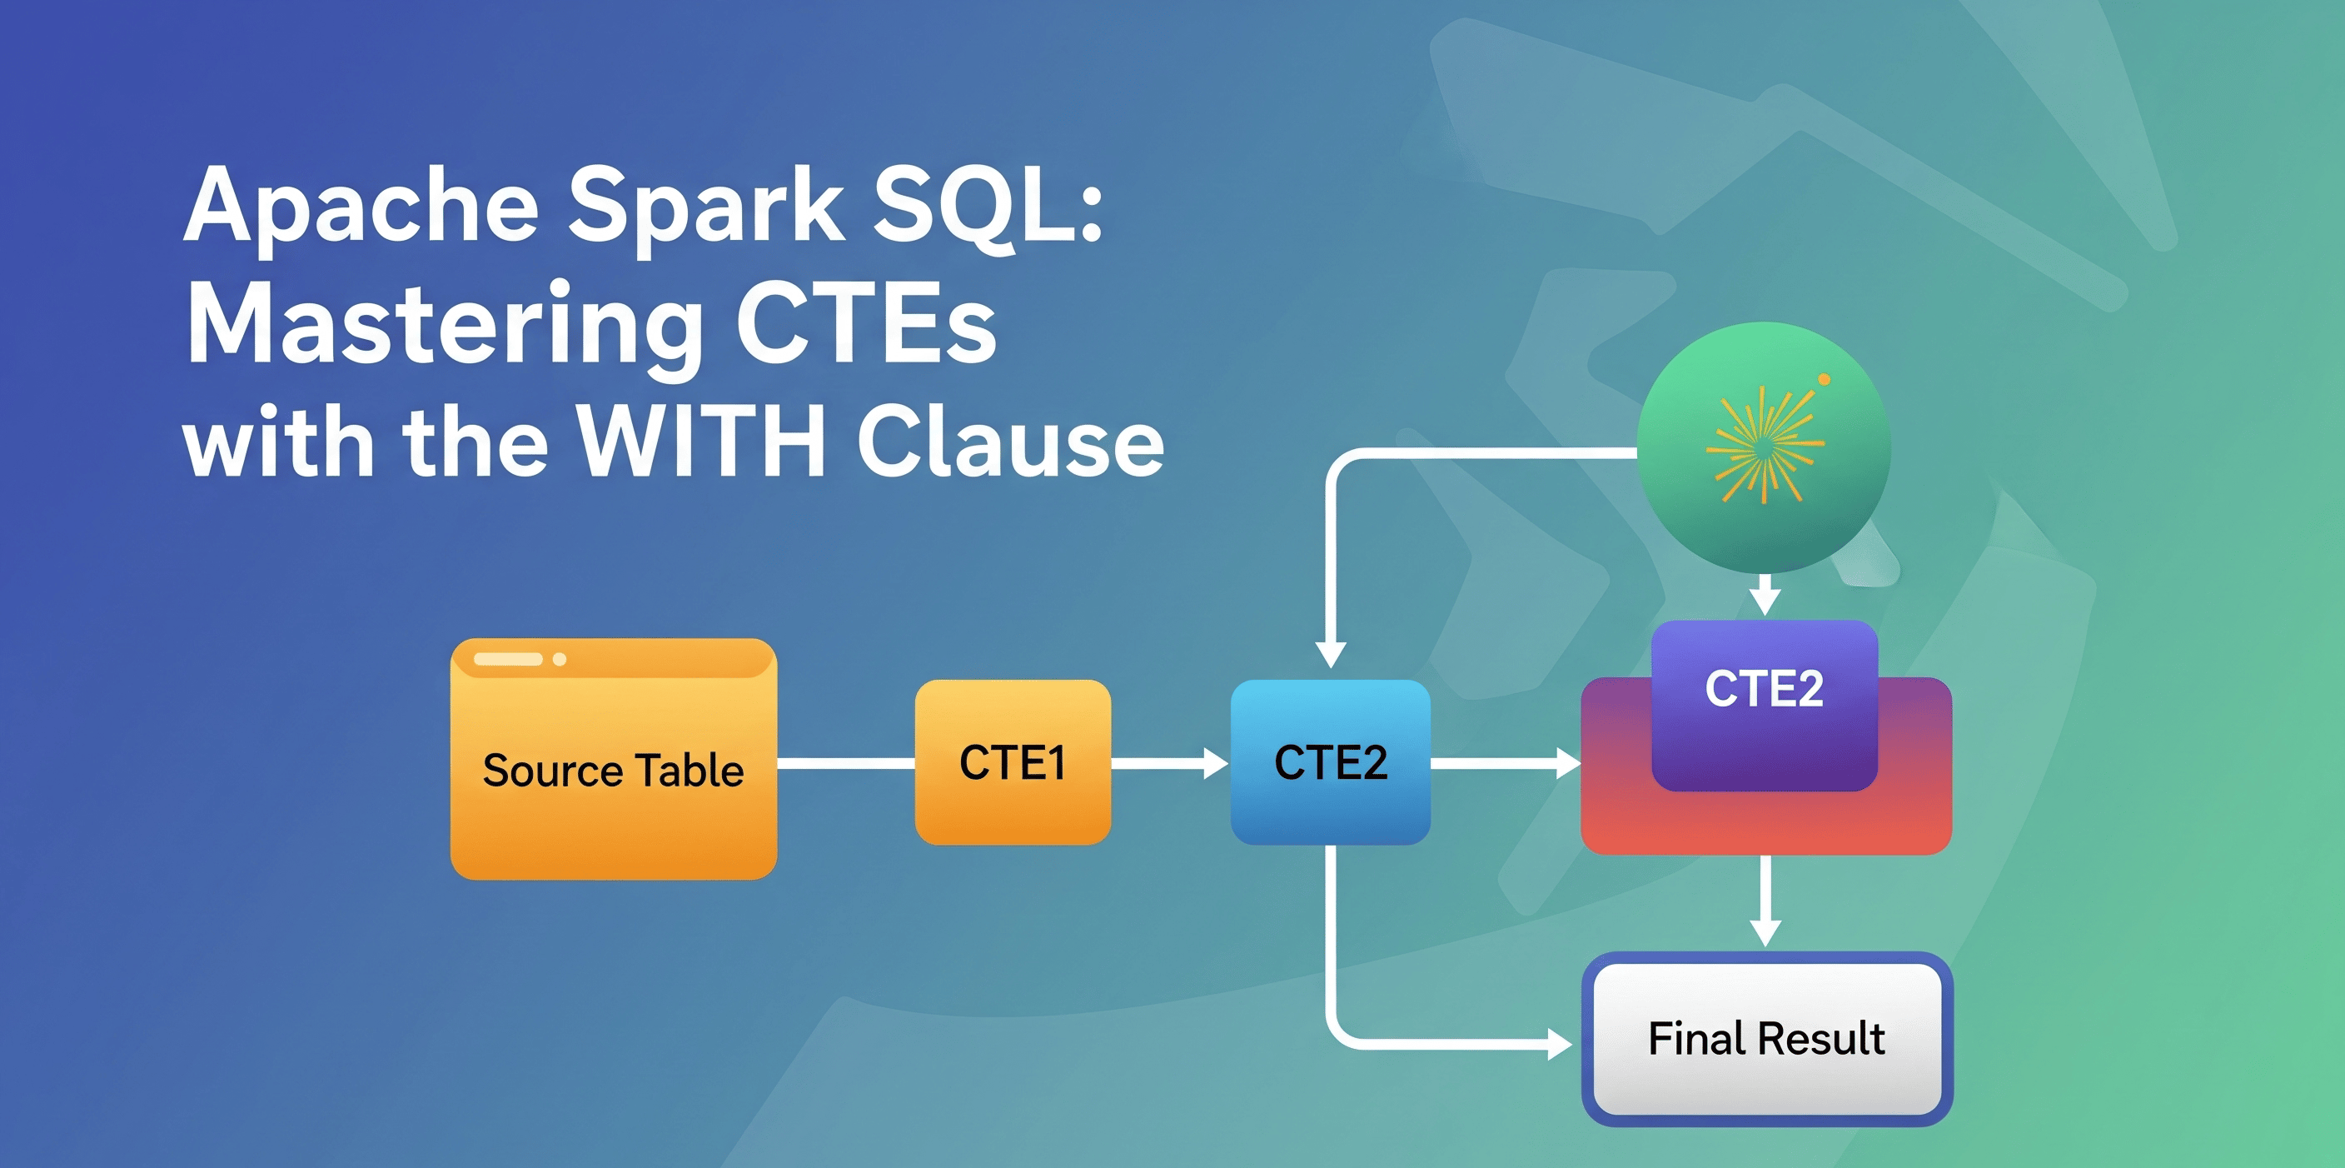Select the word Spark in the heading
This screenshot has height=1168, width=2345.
tap(705, 207)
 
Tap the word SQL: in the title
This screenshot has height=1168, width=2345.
tap(988, 207)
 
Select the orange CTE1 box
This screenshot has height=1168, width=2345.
tap(1013, 762)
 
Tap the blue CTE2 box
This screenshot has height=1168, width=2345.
tap(1330, 762)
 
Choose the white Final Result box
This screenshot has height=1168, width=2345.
tap(1766, 1039)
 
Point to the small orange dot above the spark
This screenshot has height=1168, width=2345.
tap(1824, 380)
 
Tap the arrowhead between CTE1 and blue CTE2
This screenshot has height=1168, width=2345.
tap(1215, 763)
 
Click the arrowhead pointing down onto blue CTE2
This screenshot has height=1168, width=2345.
tap(1331, 654)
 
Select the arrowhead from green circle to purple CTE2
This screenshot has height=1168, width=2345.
tap(1765, 601)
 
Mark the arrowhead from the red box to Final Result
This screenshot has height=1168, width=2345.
tap(1765, 932)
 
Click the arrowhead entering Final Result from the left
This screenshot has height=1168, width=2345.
tap(1560, 1043)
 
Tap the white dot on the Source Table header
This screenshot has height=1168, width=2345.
tap(560, 659)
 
